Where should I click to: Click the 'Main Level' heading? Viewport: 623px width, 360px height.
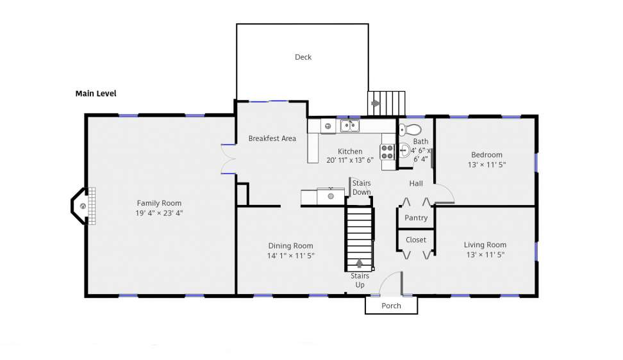[x=96, y=94]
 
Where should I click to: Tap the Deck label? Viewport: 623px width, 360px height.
[x=303, y=57]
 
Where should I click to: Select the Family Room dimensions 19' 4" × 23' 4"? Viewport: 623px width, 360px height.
[x=159, y=213]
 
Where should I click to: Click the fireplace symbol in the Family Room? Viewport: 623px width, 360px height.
[x=83, y=206]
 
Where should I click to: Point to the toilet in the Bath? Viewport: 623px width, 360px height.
[x=410, y=129]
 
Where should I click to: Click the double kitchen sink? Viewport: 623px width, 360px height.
[x=350, y=126]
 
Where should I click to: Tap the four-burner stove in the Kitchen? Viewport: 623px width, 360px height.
[x=387, y=152]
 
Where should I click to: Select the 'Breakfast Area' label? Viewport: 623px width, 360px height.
[x=272, y=138]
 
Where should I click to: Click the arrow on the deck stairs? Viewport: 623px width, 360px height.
[x=376, y=104]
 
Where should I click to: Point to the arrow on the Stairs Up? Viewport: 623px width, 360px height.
[x=359, y=263]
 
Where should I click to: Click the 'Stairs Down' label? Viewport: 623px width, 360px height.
[x=361, y=188]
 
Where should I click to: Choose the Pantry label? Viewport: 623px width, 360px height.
[x=416, y=218]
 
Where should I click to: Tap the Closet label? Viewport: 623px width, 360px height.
[x=416, y=240]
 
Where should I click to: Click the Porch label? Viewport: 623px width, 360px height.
[x=392, y=306]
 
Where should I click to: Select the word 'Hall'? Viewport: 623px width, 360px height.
[x=416, y=183]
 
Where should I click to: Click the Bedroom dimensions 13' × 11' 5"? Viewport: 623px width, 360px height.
[x=486, y=165]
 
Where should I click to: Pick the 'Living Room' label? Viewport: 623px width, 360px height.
[x=485, y=245]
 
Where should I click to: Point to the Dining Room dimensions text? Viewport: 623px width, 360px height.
[x=291, y=256]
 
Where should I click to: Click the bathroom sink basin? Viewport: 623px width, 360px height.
[x=404, y=151]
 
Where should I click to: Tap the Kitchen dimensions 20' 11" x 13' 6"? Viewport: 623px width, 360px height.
[x=350, y=160]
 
